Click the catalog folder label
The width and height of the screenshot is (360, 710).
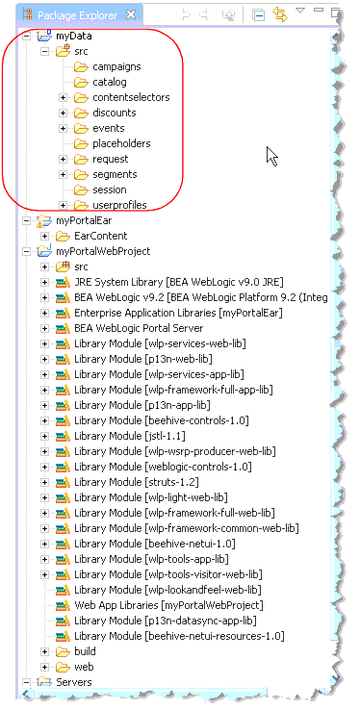tap(110, 82)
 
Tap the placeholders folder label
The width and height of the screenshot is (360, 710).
tap(121, 143)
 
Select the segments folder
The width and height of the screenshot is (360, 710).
tap(115, 174)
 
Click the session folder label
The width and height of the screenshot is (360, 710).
tap(110, 190)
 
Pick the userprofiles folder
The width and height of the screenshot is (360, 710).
tap(119, 205)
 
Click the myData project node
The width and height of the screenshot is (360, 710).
tap(73, 36)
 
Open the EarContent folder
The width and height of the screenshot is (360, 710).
tap(100, 236)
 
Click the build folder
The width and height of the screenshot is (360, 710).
tap(87, 651)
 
